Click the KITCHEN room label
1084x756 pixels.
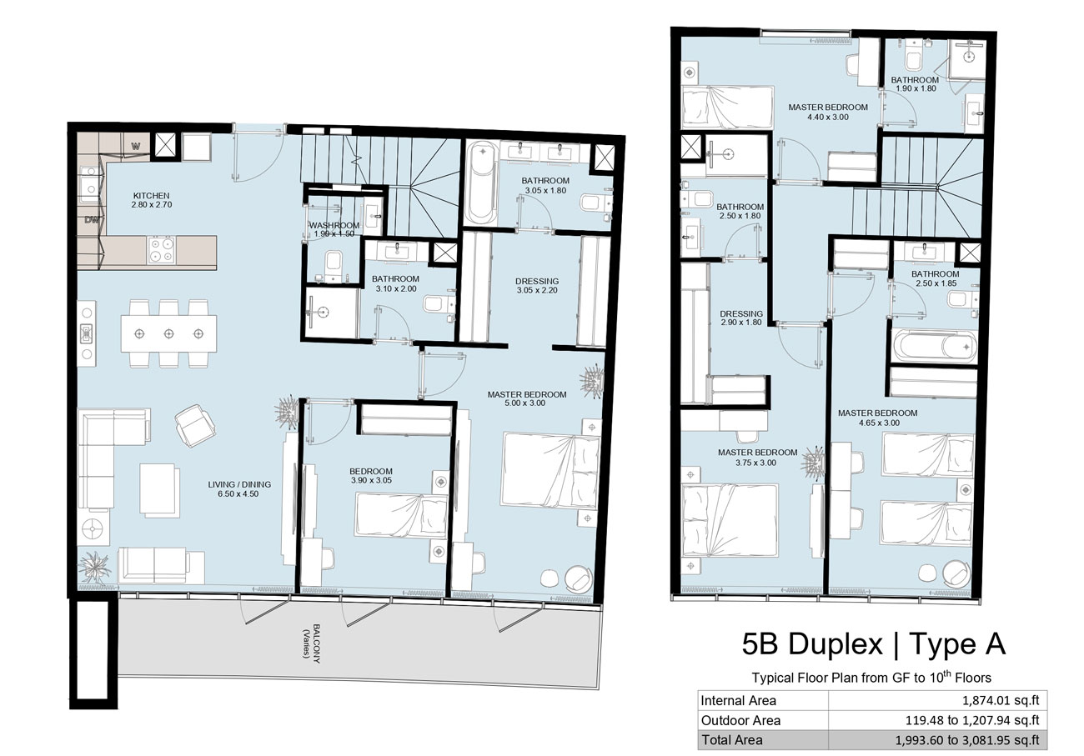point(151,195)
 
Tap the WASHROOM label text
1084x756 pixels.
point(334,225)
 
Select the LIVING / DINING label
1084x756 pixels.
point(239,484)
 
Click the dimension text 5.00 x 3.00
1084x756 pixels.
point(525,403)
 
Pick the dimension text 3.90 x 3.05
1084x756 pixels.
point(372,480)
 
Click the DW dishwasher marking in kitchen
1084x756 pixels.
point(92,220)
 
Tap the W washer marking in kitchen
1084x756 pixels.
point(136,146)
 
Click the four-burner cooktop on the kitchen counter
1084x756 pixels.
point(162,250)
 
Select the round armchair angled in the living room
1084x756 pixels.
point(195,426)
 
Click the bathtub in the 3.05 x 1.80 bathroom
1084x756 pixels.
point(481,182)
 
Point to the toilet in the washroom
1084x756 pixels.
point(334,266)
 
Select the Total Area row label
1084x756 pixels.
point(732,740)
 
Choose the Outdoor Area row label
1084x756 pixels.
point(740,721)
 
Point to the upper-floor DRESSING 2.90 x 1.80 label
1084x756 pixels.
point(741,318)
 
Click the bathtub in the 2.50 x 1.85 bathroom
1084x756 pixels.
point(935,346)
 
